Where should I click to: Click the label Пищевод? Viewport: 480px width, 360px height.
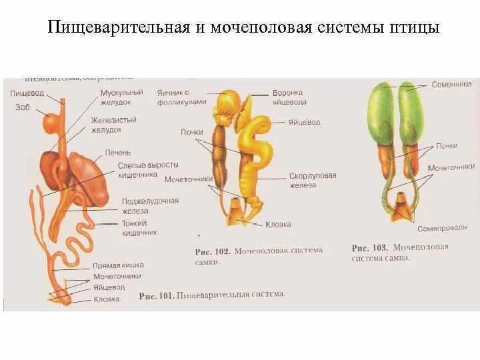[27, 93]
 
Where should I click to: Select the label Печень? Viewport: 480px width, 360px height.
[113, 152]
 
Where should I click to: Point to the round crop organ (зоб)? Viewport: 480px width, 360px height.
[51, 123]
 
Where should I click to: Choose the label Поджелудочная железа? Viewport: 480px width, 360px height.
[150, 206]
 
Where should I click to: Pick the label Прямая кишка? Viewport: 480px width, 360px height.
[118, 265]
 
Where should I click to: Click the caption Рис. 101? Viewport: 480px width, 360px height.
[154, 294]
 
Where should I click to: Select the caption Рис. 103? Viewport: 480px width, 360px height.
[369, 247]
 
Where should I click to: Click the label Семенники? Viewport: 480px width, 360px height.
[451, 85]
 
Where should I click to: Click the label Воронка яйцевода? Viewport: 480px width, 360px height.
[289, 97]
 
